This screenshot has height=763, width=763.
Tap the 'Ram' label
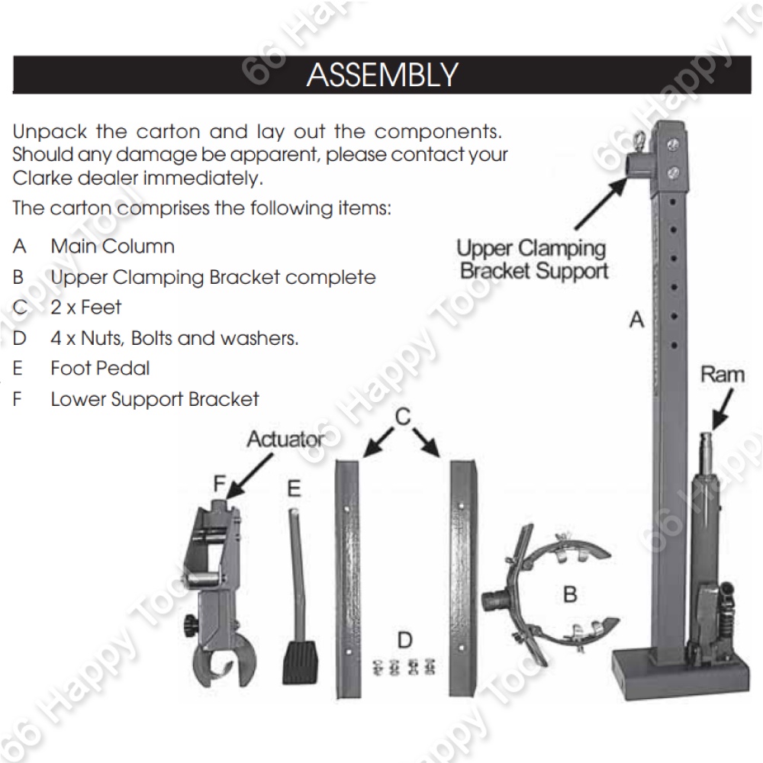721,375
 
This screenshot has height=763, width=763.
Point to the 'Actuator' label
284,439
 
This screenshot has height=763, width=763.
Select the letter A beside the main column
636,320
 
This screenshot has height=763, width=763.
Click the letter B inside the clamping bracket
570,594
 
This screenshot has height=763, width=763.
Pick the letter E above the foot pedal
295,488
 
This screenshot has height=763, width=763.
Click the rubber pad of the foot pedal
300,662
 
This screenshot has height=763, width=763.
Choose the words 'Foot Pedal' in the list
100,369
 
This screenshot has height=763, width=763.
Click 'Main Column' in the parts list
112,246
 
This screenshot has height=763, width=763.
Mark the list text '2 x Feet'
85,307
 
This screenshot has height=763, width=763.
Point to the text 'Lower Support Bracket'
155,399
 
